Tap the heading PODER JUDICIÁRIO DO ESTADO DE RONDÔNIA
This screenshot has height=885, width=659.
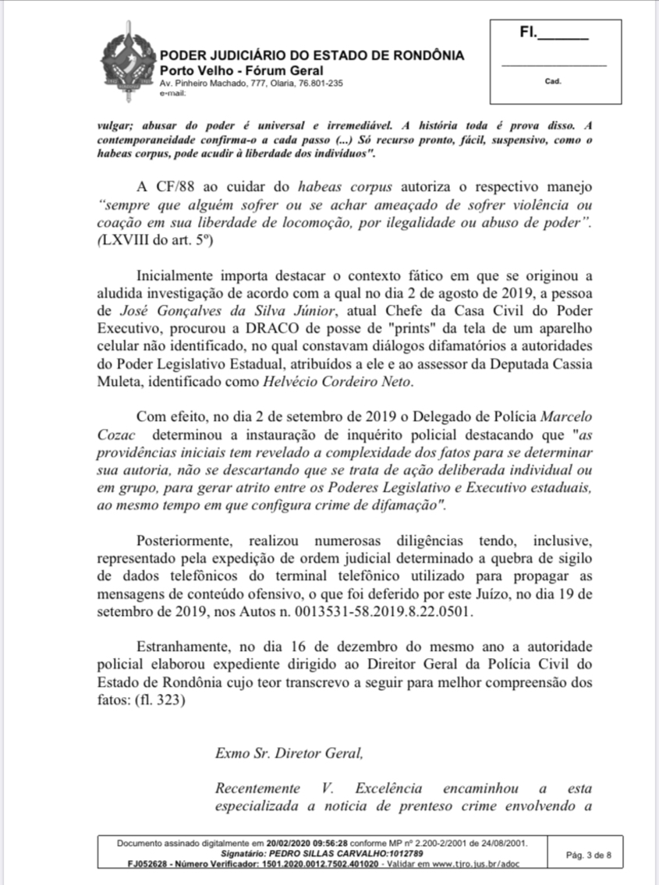tap(311, 55)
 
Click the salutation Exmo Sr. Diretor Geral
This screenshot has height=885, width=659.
tap(289, 753)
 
